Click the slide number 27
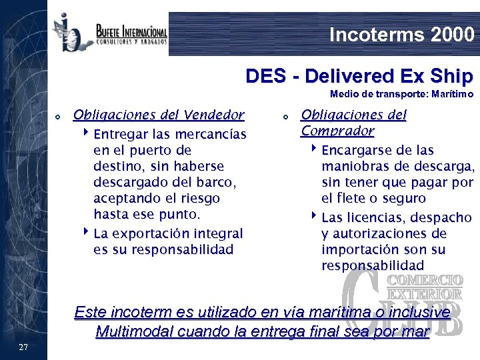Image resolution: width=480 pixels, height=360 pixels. point(23,347)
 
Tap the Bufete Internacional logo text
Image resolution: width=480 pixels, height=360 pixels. point(131,31)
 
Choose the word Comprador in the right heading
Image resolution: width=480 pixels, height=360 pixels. point(337,131)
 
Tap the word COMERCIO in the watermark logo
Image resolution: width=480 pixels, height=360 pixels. point(425,279)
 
